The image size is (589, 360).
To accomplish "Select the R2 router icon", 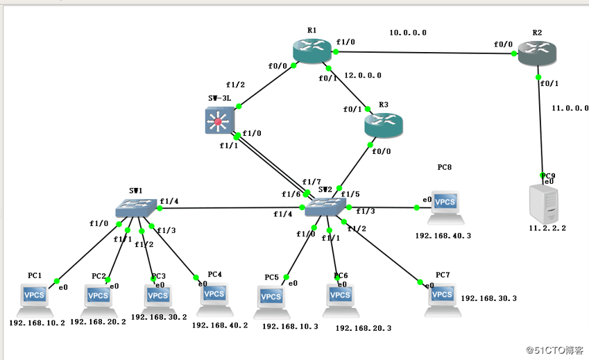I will pos(537,55).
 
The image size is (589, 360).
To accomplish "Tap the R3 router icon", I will pos(383,125).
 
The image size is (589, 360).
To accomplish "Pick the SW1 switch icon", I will pos(137,207).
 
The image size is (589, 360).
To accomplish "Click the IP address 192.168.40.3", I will pos(443,236).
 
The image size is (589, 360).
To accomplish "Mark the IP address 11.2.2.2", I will pos(548,228).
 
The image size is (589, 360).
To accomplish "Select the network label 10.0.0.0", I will pos(407,33).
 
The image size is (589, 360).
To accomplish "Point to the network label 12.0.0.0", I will pos(361,75).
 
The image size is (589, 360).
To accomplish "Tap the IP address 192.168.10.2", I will pos(37,323).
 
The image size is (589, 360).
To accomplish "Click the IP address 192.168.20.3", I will pos(363,328).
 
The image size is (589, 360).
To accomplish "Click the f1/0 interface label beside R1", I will pos(345,42).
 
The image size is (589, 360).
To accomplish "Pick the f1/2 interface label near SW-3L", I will pos(236,85).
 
